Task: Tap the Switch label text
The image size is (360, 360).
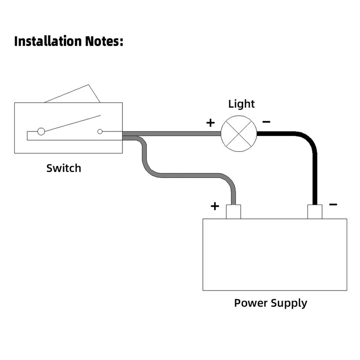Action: tap(64, 168)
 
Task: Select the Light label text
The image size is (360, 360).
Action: tap(241, 104)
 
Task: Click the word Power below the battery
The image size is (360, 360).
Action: tap(251, 303)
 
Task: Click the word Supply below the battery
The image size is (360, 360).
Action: tap(289, 303)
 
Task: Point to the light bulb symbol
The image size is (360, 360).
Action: tap(239, 133)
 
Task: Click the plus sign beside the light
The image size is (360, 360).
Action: tap(210, 123)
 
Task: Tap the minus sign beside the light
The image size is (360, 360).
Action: tap(266, 122)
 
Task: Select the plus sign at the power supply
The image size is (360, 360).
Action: tap(215, 206)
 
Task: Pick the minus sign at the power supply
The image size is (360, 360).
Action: tap(333, 204)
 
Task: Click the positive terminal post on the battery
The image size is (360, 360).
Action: tap(233, 212)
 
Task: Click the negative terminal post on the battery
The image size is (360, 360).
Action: tap(315, 212)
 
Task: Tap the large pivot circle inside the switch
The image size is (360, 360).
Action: tap(41, 131)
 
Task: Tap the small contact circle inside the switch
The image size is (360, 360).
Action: tap(100, 132)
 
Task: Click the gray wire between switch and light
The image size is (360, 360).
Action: tap(173, 133)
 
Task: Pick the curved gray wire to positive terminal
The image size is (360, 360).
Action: tap(187, 176)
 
